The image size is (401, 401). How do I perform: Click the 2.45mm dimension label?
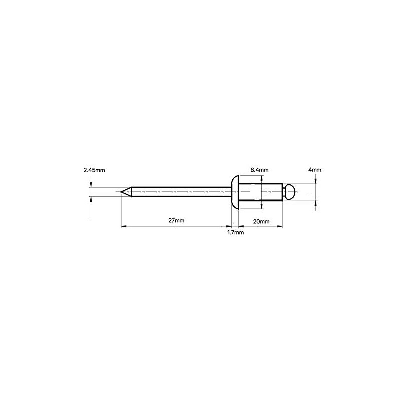94,170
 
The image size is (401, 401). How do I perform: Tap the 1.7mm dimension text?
235,233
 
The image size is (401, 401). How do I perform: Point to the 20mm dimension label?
262,221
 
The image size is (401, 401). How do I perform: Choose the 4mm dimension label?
315,170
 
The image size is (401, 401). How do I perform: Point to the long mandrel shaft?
180,192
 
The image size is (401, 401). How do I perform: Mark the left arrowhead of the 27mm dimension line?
124,227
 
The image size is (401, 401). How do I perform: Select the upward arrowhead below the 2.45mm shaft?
91,199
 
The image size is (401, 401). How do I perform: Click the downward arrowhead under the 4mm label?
316,182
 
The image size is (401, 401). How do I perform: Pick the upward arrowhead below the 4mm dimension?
316,203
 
